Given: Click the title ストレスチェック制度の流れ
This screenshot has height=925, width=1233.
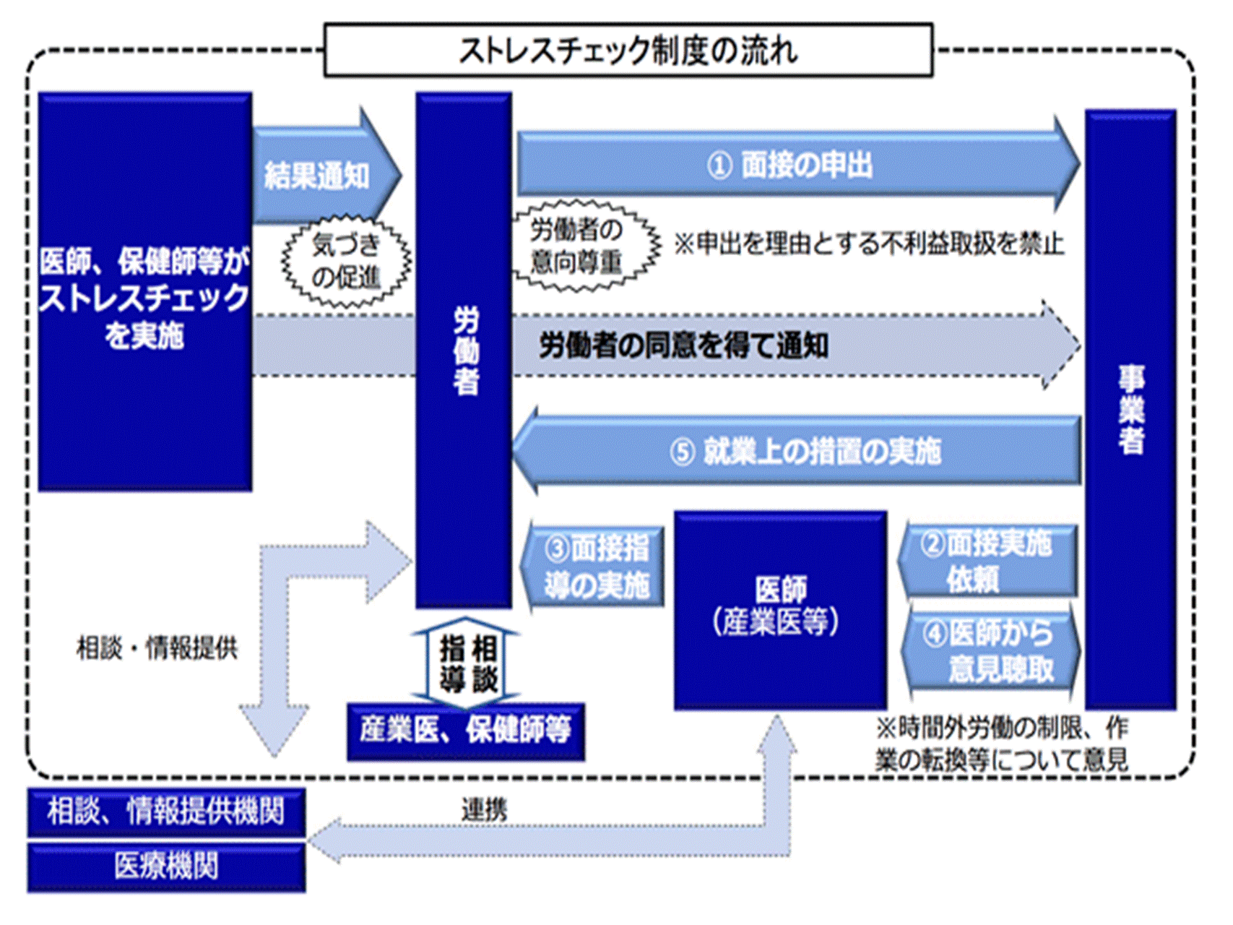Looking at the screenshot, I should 628,51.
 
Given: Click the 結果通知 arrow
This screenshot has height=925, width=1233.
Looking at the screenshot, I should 321,176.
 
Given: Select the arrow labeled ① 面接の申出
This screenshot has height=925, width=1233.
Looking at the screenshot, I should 791,165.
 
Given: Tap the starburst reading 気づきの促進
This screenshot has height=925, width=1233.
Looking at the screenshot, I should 346,262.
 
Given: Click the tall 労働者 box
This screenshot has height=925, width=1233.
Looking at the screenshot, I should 464,350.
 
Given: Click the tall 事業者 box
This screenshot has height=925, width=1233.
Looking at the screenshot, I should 1130,409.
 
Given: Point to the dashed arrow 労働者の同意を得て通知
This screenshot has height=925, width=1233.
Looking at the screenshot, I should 683,346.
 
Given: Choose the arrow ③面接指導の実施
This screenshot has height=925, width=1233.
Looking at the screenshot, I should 595,568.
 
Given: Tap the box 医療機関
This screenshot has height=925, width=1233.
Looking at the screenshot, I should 166,866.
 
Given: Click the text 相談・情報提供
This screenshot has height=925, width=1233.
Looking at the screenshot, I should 157,648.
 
